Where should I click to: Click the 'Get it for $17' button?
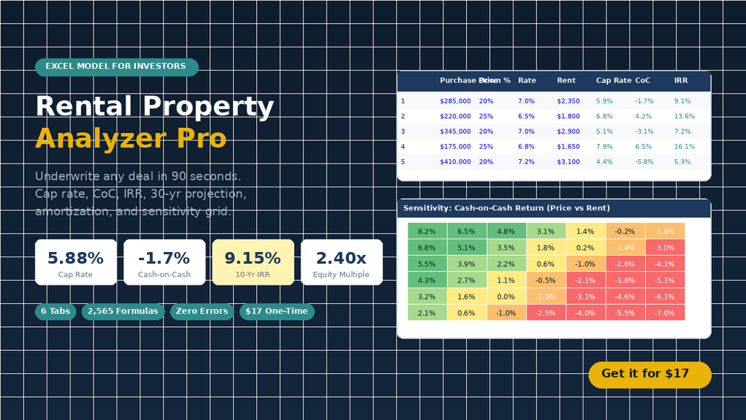click(650, 375)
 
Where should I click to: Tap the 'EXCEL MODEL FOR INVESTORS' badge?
click(117, 67)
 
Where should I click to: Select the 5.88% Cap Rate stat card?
click(76, 262)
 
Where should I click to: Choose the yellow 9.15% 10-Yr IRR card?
click(253, 262)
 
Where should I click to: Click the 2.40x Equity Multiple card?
click(341, 262)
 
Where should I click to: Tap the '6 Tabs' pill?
click(56, 311)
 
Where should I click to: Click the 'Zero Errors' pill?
click(202, 311)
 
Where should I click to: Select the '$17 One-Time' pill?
click(277, 311)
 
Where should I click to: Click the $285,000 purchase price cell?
click(455, 101)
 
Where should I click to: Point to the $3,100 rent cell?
click(569, 162)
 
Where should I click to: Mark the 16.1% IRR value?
click(684, 146)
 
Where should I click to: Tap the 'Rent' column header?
click(566, 80)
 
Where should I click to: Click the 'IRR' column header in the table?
click(681, 80)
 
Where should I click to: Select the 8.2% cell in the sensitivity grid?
click(427, 231)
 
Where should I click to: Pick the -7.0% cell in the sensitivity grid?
click(664, 313)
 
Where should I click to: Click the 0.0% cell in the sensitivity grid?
click(506, 297)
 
